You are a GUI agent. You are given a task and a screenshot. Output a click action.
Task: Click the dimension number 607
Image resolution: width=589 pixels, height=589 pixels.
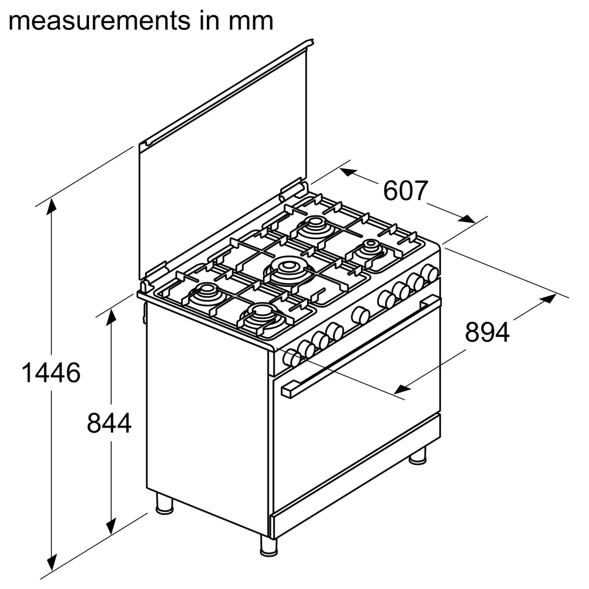(406, 191)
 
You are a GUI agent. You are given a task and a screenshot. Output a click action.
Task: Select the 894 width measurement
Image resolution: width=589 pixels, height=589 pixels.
(487, 332)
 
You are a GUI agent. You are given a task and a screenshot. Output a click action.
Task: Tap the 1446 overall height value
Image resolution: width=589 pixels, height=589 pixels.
(51, 373)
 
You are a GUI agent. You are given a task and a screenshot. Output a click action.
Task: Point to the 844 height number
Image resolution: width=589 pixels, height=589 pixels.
(109, 423)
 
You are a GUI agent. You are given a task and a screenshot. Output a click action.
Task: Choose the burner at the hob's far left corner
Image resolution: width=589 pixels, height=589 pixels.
(207, 294)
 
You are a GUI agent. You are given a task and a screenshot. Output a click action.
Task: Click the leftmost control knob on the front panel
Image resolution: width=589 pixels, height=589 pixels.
(292, 358)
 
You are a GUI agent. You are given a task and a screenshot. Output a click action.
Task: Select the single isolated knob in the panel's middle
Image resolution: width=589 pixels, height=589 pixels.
(360, 315)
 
